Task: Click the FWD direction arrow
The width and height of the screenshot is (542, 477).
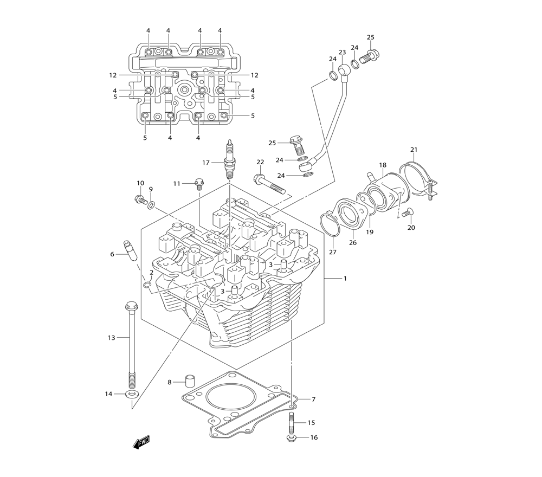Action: pos(141,442)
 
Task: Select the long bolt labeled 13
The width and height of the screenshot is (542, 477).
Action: pos(131,341)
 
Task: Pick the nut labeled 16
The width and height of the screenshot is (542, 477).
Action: pos(291,437)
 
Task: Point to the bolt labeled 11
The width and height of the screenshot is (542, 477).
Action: pos(198,183)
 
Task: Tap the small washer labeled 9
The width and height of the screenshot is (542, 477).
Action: pos(152,205)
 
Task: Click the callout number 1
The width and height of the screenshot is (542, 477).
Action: pos(344,279)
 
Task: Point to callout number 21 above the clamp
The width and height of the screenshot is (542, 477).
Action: pos(414,150)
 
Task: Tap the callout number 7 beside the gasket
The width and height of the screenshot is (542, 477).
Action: pos(313,399)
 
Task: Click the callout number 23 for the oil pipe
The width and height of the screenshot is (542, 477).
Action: pos(342,53)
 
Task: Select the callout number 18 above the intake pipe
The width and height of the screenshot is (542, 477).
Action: pos(383,165)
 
